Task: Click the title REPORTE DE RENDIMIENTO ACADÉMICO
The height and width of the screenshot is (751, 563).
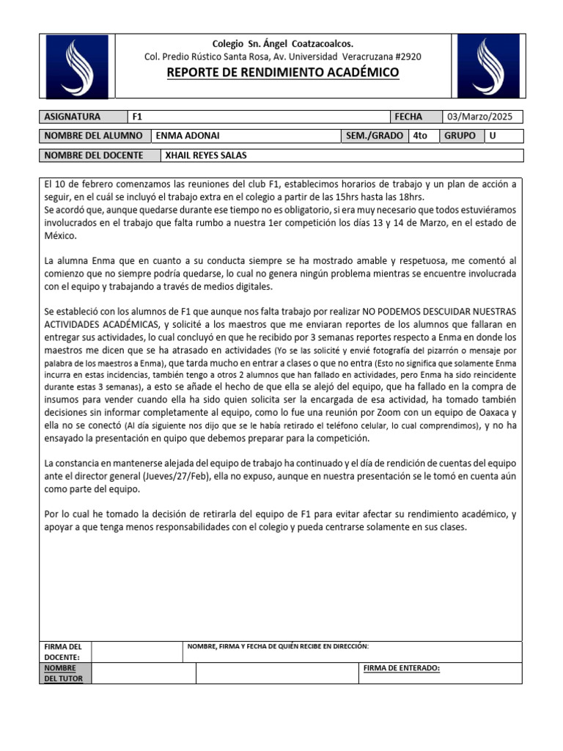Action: click(x=283, y=72)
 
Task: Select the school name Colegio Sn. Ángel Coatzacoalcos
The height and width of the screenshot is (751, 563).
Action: click(x=282, y=44)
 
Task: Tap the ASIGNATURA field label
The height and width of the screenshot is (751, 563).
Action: click(x=73, y=117)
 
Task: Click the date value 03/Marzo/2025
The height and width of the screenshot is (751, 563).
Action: click(x=483, y=117)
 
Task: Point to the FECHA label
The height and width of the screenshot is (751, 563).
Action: click(x=408, y=117)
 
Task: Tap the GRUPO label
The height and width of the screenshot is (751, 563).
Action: click(x=460, y=136)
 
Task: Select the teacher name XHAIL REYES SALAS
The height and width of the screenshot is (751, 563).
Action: click(x=206, y=155)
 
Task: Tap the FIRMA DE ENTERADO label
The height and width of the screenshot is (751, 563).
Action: click(x=401, y=668)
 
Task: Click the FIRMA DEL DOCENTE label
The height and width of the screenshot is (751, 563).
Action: click(x=63, y=651)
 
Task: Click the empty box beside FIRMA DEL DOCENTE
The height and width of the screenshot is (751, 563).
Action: click(x=136, y=651)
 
